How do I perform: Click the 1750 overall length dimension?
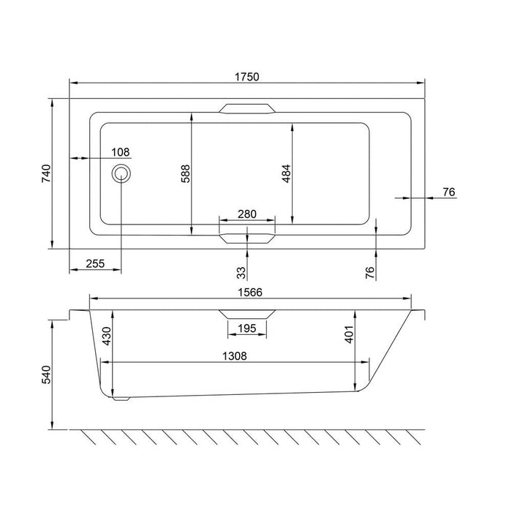click(x=247, y=77)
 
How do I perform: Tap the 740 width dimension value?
click(x=45, y=174)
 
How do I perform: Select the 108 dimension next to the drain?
click(x=121, y=152)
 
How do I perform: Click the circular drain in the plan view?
click(x=121, y=174)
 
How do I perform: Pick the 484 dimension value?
click(x=287, y=174)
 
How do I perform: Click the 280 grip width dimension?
click(x=247, y=214)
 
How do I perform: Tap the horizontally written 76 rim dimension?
click(x=449, y=192)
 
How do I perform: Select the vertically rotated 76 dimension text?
click(x=369, y=272)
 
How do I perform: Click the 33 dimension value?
click(x=241, y=272)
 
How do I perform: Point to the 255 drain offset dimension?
click(x=95, y=265)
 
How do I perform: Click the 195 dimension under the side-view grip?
click(x=247, y=330)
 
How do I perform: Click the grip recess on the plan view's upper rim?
click(x=247, y=108)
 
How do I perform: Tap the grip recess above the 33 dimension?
click(x=247, y=238)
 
